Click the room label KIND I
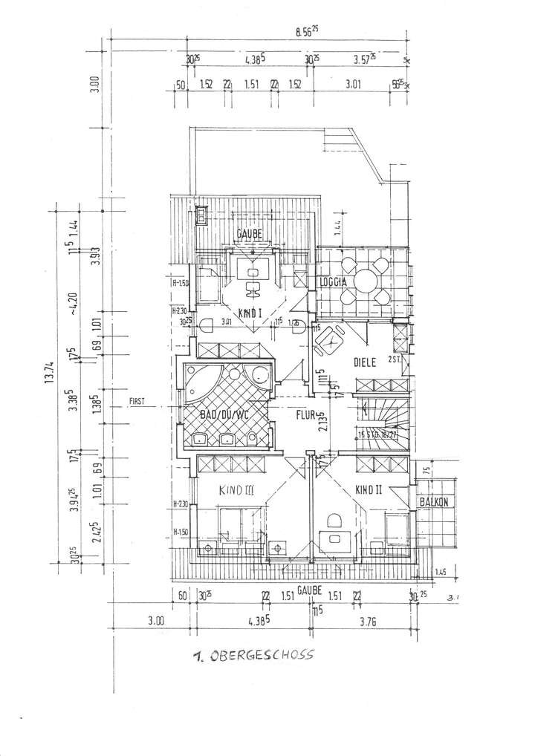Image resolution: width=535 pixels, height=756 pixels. tap(250, 313)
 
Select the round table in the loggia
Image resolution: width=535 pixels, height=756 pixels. tap(365, 281)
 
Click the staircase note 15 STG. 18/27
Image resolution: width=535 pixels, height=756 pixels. tap(380, 434)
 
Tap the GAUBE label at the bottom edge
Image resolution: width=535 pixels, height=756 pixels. tap(308, 588)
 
